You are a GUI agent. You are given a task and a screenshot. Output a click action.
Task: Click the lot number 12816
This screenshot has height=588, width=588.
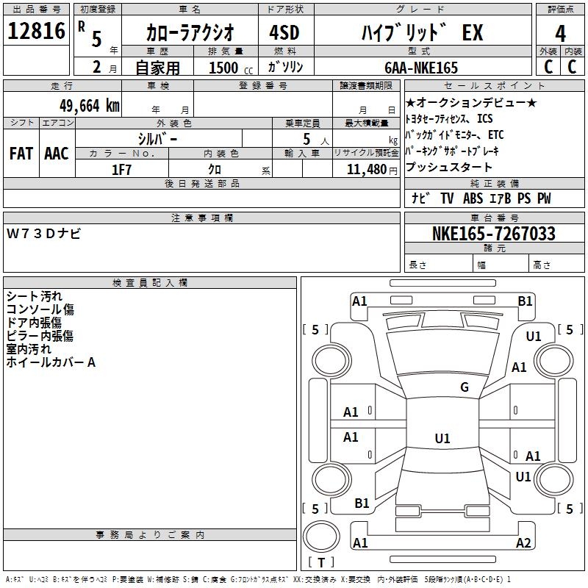[x=36, y=31]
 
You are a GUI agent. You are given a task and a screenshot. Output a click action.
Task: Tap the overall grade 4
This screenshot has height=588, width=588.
[x=560, y=33]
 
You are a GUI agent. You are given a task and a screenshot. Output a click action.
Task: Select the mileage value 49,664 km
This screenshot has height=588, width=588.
[x=90, y=106]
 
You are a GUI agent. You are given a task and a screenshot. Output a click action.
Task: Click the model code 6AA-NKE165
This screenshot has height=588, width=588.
[x=421, y=68]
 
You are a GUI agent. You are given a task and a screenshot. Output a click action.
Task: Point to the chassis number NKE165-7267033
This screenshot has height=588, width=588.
[x=493, y=233]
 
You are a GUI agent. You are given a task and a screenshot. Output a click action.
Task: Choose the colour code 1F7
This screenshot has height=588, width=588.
[x=121, y=170]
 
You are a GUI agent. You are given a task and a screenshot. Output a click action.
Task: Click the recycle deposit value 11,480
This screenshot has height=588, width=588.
[x=366, y=170]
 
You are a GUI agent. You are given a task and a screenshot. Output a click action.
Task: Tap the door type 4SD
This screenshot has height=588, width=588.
[x=284, y=32]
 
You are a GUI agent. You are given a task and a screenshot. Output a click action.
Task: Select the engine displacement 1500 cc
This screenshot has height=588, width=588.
[x=231, y=68]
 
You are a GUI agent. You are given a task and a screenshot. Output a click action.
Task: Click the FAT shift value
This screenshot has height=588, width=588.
[x=21, y=154]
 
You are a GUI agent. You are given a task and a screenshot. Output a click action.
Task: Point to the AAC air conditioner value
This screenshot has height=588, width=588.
[x=57, y=154]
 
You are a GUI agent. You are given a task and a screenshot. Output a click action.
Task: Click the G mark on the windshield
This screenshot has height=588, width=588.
[x=465, y=387]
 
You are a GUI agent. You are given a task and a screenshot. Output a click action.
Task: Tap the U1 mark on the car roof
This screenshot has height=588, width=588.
[x=442, y=438]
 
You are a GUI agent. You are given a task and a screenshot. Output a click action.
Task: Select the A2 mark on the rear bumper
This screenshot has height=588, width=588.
[x=523, y=542]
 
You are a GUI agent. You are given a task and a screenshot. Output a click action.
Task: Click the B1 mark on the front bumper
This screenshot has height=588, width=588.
[x=525, y=301]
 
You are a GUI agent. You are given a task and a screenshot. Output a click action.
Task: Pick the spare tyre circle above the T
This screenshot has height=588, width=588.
[x=321, y=537]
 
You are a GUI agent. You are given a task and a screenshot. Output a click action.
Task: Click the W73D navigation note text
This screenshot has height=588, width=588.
[x=43, y=234]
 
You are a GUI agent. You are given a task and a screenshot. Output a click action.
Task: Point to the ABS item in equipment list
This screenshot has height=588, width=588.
[x=473, y=198]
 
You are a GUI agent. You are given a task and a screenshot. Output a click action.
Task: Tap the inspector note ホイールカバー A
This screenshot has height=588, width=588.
[x=51, y=362]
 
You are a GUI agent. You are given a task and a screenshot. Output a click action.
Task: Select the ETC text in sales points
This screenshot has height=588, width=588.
[x=495, y=135]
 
